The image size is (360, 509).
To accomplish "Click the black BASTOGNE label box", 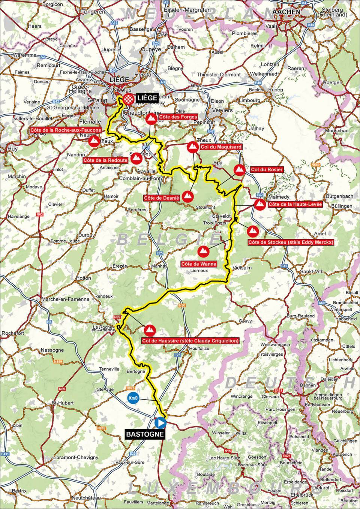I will pyautogui.click(x=145, y=434).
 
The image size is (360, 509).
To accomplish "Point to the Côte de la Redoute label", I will pyautogui.click(x=105, y=160).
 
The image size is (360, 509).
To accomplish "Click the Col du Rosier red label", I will pyautogui.click(x=267, y=170).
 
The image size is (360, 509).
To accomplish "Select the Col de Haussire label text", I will pyautogui.click(x=190, y=341).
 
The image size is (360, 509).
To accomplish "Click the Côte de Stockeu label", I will pyautogui.click(x=291, y=243).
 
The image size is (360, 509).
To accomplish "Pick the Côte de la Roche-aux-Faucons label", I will pyautogui.click(x=66, y=130).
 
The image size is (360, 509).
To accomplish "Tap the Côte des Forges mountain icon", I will pyautogui.click(x=151, y=120).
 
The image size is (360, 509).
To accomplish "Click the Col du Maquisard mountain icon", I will pyautogui.click(x=193, y=147).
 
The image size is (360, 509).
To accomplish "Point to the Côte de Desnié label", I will pyautogui.click(x=161, y=197).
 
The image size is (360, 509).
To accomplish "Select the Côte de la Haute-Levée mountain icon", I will pyautogui.click(x=259, y=204).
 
